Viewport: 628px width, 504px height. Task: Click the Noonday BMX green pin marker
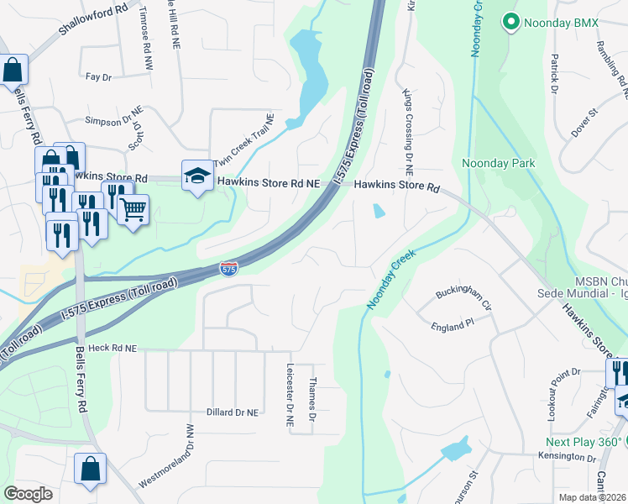[x=510, y=22]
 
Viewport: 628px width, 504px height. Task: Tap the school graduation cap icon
[x=196, y=176]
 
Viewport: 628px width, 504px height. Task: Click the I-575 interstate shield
[x=228, y=269]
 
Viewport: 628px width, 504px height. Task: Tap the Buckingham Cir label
[x=463, y=296]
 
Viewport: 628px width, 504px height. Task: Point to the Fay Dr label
[x=98, y=77]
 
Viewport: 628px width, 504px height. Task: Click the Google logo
[x=28, y=493]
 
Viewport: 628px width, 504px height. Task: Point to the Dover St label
[x=584, y=122]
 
